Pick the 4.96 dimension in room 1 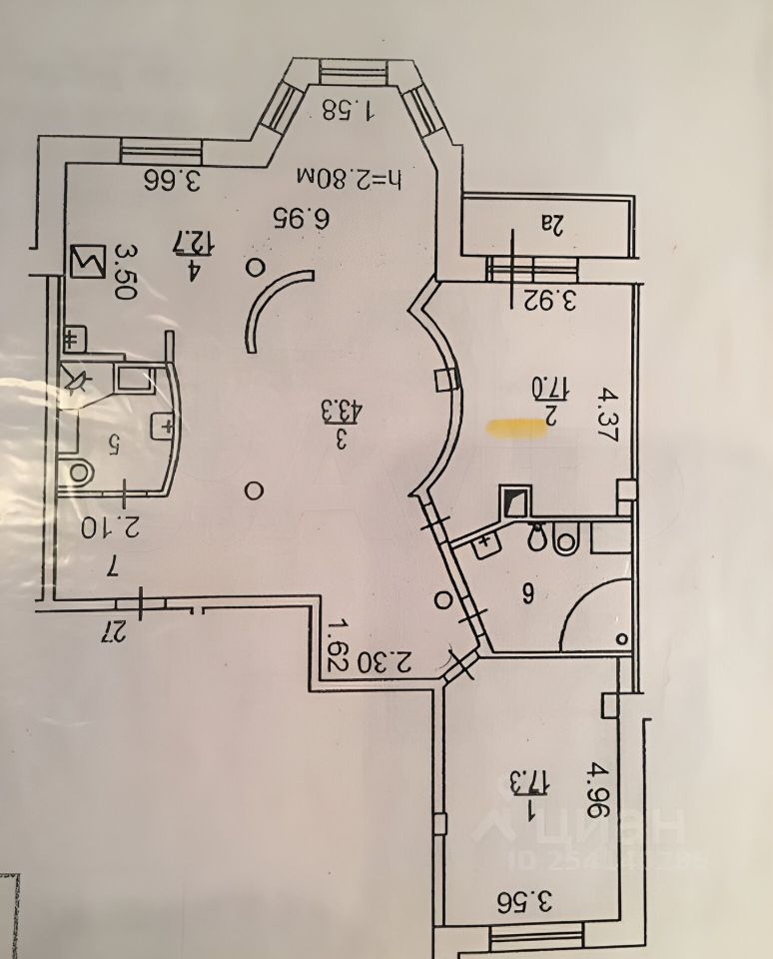pos(595,791)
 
